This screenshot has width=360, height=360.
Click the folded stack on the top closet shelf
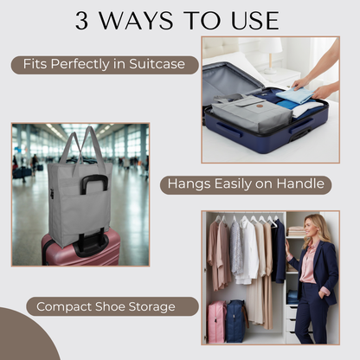296,231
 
